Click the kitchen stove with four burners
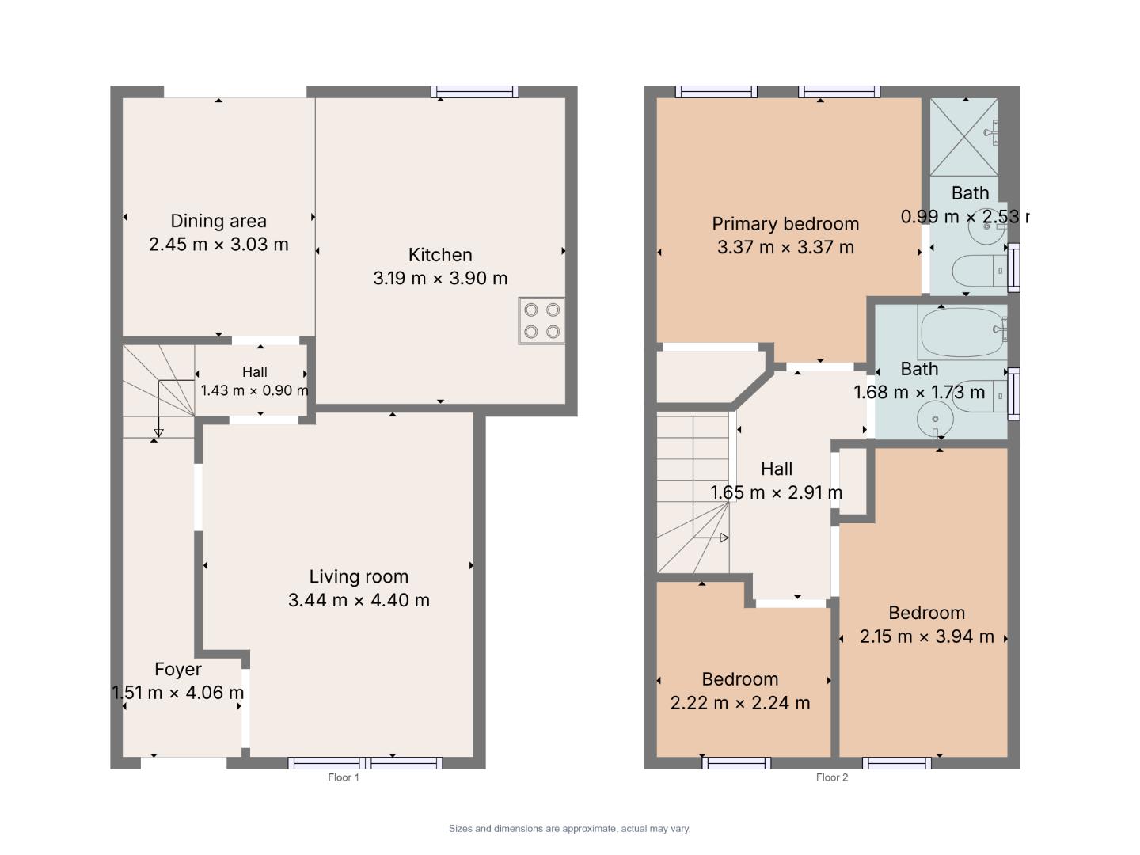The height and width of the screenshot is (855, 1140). (x=541, y=321)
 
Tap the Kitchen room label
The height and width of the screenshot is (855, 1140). (x=440, y=255)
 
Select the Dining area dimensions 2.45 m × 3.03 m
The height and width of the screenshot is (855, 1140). (x=218, y=244)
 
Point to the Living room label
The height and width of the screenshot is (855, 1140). (x=359, y=577)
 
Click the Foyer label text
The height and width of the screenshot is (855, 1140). (x=178, y=670)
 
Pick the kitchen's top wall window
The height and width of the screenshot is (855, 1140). (x=475, y=92)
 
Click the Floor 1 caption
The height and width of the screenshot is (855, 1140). (x=344, y=777)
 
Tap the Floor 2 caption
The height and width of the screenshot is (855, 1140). (x=832, y=777)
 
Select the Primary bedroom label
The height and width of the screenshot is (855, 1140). (x=785, y=224)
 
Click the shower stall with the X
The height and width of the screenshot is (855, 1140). (x=964, y=137)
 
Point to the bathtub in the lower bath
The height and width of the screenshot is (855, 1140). (x=962, y=332)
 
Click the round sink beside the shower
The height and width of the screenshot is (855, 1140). (x=987, y=226)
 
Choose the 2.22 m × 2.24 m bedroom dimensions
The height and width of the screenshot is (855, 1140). (x=740, y=703)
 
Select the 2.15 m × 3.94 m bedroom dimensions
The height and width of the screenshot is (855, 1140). (x=926, y=636)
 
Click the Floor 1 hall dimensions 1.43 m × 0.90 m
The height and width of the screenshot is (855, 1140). (x=254, y=390)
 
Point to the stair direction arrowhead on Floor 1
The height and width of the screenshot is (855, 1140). (x=159, y=433)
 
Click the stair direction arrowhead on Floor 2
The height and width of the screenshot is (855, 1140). (x=724, y=538)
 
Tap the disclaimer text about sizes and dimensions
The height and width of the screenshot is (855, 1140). (x=570, y=829)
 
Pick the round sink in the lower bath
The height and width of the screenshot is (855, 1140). (x=935, y=419)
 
